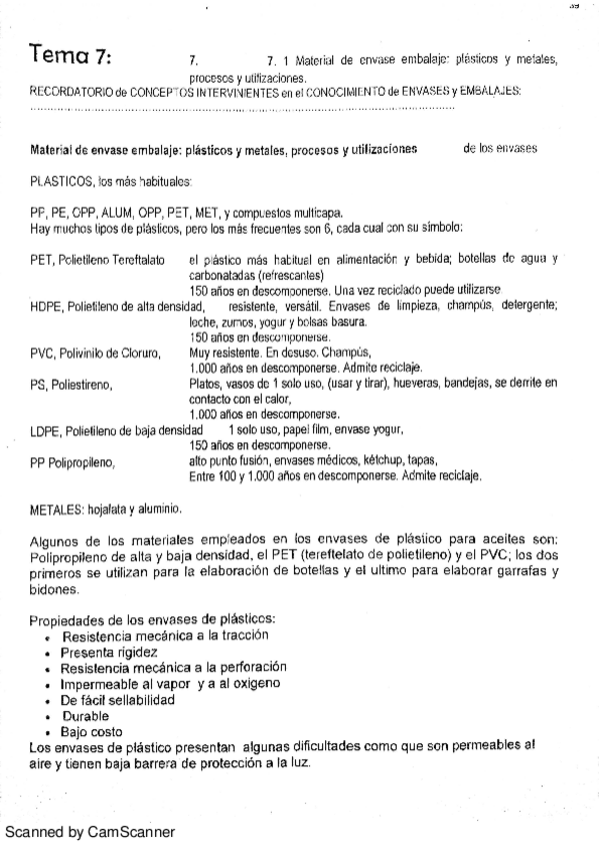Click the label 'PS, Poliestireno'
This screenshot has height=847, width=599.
click(71, 383)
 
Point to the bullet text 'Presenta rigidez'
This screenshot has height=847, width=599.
click(109, 652)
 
